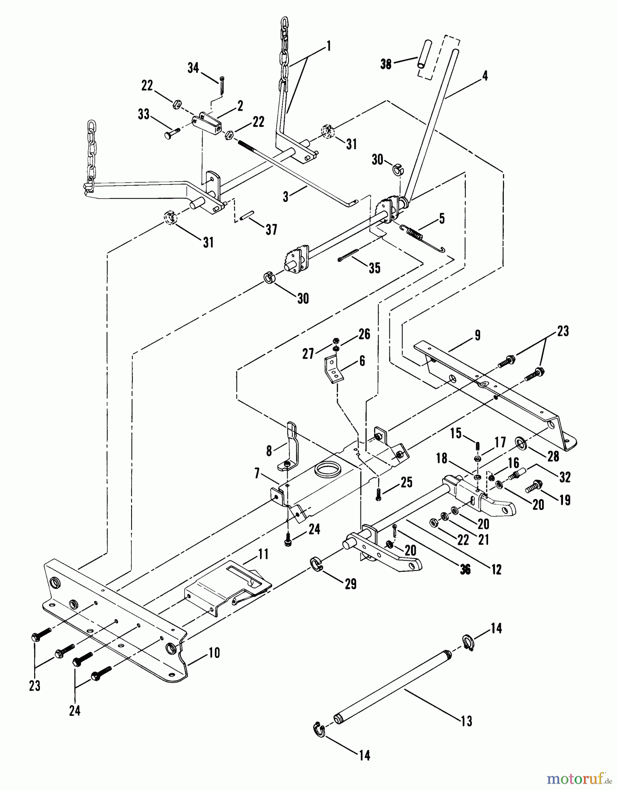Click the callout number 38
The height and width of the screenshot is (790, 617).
[386, 64]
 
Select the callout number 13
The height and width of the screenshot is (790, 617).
[467, 721]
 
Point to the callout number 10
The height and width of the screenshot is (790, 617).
[214, 653]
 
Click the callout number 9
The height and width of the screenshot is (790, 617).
[478, 336]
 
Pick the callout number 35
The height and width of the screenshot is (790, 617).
[374, 268]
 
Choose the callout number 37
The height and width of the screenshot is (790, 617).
[271, 229]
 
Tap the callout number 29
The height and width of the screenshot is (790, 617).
[350, 584]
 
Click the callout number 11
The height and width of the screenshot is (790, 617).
[263, 554]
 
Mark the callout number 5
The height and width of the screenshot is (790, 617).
[442, 219]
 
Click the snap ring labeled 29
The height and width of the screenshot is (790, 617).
[318, 564]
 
